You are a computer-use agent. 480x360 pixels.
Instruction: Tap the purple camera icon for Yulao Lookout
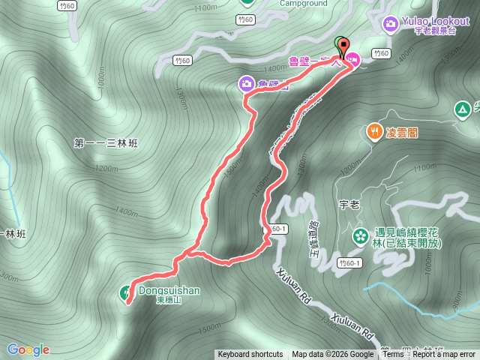point(390,25)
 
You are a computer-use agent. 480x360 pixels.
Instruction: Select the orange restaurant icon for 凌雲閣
point(373,132)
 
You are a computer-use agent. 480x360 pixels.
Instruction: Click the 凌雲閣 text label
point(401,133)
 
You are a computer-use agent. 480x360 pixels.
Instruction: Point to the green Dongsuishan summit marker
point(125,292)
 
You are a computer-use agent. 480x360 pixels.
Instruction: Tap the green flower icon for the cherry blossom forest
point(361,237)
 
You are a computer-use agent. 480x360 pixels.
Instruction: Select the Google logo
point(28,349)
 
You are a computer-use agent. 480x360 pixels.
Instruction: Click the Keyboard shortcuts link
point(250,355)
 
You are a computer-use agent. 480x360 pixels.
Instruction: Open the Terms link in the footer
point(393,355)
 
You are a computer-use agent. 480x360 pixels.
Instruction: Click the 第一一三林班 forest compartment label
point(108,142)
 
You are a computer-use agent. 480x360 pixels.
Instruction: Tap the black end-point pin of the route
point(345,49)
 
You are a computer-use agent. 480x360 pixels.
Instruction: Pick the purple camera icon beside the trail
point(246,84)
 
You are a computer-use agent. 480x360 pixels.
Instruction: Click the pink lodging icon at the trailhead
point(352,59)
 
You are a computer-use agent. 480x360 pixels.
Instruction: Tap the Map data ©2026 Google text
point(332,355)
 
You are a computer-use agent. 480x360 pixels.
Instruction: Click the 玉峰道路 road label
point(314,238)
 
